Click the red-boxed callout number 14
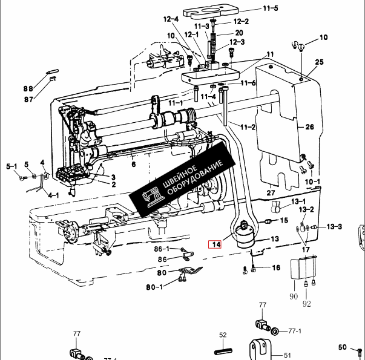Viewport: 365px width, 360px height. [215, 244]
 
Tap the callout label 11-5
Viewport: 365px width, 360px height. [271, 8]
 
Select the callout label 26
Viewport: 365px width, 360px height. [309, 127]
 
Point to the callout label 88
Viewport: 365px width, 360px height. [28, 89]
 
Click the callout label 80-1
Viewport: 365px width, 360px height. [154, 287]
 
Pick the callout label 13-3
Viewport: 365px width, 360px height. [334, 226]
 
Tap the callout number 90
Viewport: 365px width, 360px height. [294, 296]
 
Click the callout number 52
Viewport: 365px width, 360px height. [223, 335]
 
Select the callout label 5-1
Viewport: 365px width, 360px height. [12, 166]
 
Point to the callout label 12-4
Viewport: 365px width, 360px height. [171, 19]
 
